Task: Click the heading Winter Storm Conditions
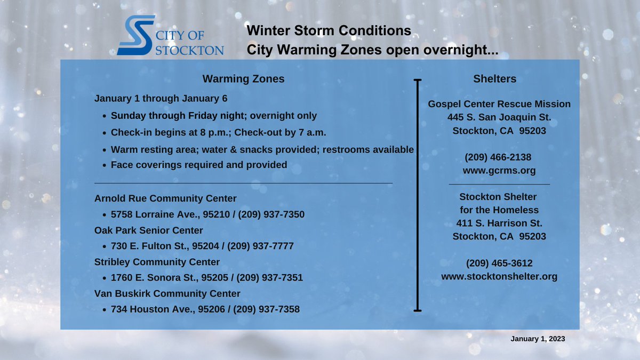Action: point(329,31)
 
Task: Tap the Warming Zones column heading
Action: point(243,79)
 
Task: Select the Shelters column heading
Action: point(495,79)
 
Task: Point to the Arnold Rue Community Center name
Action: point(165,198)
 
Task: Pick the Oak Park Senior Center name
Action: point(149,230)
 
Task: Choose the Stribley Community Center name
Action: point(157,262)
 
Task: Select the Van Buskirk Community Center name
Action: point(167,293)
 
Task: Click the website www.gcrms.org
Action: point(499,171)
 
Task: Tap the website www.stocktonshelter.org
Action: point(499,276)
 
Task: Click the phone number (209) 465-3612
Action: point(499,263)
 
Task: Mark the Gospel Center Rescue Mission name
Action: point(499,104)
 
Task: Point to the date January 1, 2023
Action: point(538,339)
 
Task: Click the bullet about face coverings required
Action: point(199,165)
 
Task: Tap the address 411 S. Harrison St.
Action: point(499,223)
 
